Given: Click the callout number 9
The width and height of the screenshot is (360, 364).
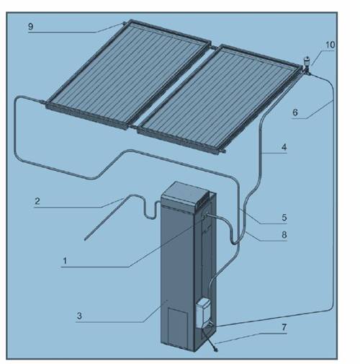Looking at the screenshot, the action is pyautogui.click(x=30, y=27).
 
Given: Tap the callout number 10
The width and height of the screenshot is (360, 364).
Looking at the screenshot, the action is pyautogui.click(x=330, y=45).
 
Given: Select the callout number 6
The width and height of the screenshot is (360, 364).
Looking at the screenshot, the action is pyautogui.click(x=295, y=112).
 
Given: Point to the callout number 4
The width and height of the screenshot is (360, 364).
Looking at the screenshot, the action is pyautogui.click(x=284, y=147).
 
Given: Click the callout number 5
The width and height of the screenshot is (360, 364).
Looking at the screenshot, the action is pyautogui.click(x=284, y=218).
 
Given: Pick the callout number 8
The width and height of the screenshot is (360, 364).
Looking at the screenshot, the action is pyautogui.click(x=284, y=235).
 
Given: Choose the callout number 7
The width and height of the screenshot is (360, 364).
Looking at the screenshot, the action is pyautogui.click(x=284, y=327).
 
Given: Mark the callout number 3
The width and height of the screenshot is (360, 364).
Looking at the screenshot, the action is pyautogui.click(x=79, y=316).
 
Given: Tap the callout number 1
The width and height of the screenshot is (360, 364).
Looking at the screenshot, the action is pyautogui.click(x=65, y=261).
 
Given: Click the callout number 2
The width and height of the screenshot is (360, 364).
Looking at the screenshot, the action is pyautogui.click(x=37, y=201).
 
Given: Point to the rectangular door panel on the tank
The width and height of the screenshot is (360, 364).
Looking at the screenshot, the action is pyautogui.click(x=177, y=327).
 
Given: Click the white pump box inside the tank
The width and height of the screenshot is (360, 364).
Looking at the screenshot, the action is pyautogui.click(x=204, y=313).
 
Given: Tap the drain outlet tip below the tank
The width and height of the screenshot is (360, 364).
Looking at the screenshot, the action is pyautogui.click(x=216, y=350).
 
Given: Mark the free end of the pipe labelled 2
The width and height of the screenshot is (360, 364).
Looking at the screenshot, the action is pyautogui.click(x=85, y=239).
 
